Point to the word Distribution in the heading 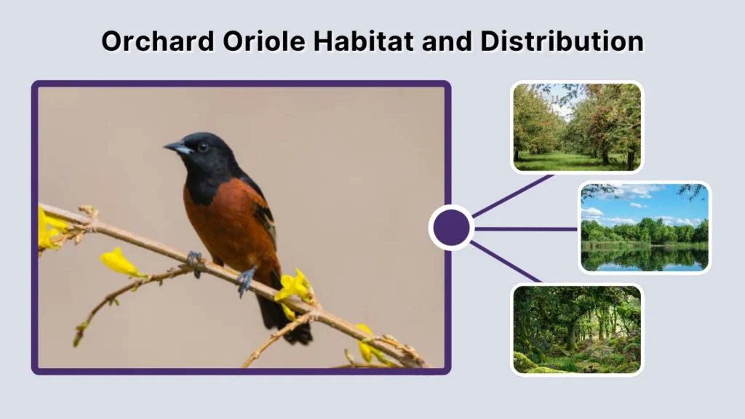[x=561, y=41]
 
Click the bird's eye [x=202, y=146]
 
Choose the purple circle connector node [x=451, y=228]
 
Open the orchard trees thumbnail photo [x=577, y=127]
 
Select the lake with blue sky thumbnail [x=645, y=227]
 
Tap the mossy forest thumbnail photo [x=577, y=329]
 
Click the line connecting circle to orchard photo [x=513, y=195]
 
